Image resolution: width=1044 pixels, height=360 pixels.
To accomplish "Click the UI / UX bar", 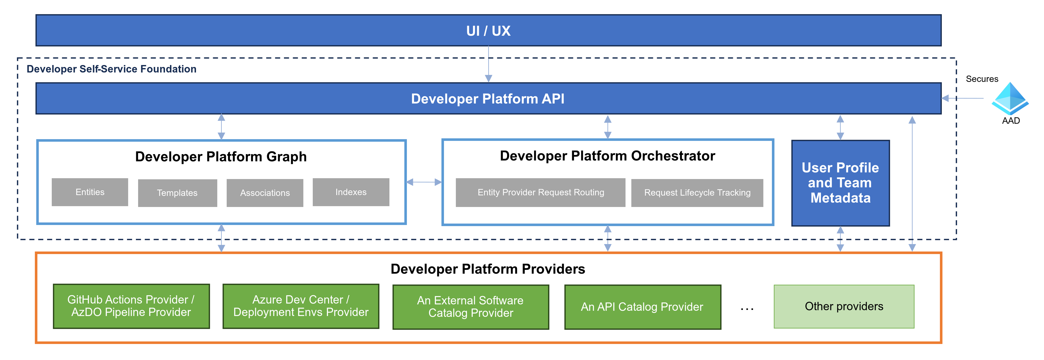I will pos(488,31).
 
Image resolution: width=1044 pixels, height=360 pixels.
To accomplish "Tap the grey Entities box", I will pos(90,192).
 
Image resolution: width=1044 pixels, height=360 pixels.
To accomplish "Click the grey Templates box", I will pos(177,193).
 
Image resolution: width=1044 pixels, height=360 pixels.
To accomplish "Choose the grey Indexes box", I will pos(351,192).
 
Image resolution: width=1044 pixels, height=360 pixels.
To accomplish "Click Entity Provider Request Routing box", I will pos(540,193).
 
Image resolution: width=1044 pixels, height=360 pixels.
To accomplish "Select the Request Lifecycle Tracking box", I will pos(697,193).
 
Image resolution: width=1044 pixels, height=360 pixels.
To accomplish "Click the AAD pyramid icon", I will pos(1010,99).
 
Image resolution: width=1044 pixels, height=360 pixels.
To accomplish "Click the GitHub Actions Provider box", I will pos(131,306).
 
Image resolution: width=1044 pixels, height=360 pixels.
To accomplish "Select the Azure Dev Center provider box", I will pos(301,306).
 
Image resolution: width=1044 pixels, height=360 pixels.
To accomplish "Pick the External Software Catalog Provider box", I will pos(471,307).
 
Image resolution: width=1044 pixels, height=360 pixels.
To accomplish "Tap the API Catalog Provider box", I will pos(642,307).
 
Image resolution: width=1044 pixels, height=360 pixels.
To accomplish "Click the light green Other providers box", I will pos(844,307).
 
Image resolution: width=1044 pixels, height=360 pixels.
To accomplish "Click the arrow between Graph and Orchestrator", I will pos(424,182).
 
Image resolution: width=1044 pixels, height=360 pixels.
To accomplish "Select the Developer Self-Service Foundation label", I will pos(112,69).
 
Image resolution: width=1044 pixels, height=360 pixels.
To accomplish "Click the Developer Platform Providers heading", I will pos(488,269).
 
